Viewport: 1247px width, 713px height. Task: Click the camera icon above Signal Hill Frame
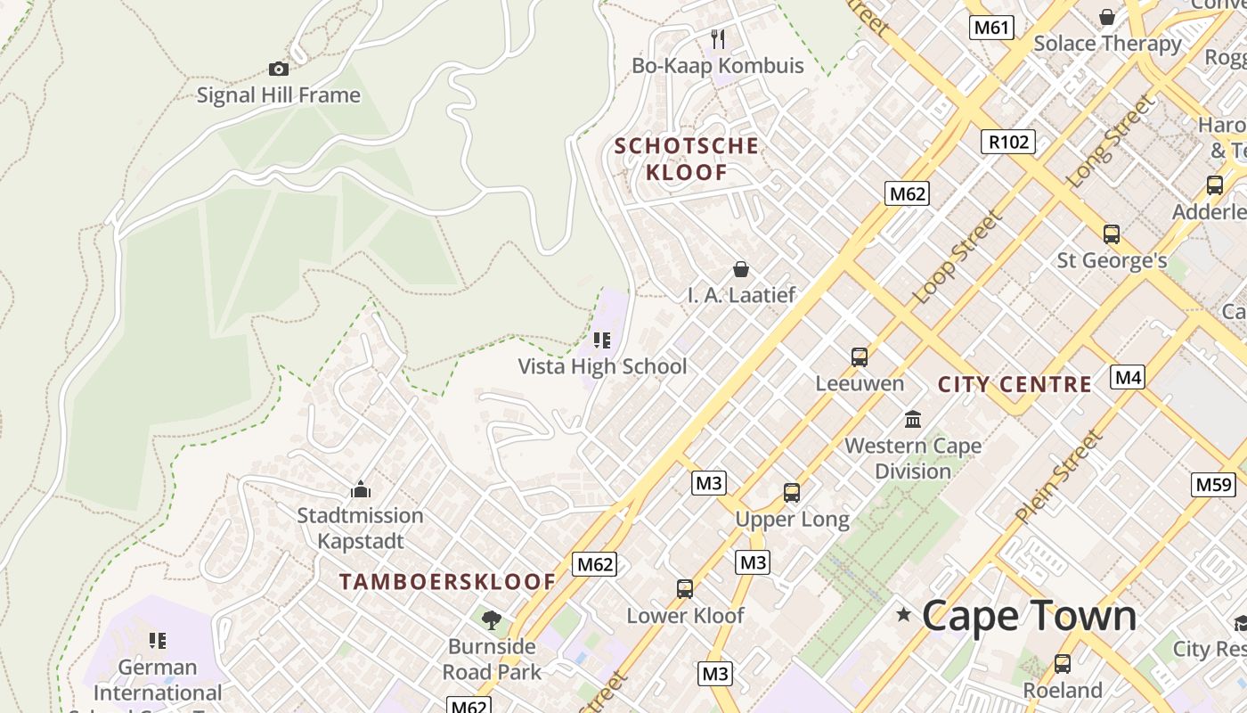pos(278,69)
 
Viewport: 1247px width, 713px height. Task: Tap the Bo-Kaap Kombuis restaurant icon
pos(718,39)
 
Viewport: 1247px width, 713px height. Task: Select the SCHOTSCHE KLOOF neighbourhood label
pos(687,159)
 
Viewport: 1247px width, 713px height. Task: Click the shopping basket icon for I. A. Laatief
pos(740,269)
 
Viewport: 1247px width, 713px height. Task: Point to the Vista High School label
pos(602,366)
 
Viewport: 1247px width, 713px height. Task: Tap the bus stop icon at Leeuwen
pos(859,357)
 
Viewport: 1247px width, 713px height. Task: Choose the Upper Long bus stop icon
pos(791,492)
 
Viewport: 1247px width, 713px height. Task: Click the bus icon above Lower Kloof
pos(684,589)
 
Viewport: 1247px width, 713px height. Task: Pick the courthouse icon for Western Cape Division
pos(913,419)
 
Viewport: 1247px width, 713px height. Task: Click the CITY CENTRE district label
pos(1015,385)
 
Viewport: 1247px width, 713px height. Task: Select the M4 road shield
pos(1128,377)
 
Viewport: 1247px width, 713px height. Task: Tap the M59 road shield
pos(1213,485)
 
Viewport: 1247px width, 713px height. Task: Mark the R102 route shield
pos(1008,141)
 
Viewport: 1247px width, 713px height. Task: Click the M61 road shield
pos(991,28)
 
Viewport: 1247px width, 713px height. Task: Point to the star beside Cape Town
pos(904,614)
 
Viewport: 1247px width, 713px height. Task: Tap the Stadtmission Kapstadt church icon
pos(361,489)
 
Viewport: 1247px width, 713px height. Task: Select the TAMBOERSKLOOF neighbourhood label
pos(447,582)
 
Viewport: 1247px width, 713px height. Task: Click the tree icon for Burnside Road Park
pos(491,619)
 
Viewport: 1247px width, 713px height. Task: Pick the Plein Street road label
pos(1059,477)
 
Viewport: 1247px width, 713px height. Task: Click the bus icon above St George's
pos(1111,234)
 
